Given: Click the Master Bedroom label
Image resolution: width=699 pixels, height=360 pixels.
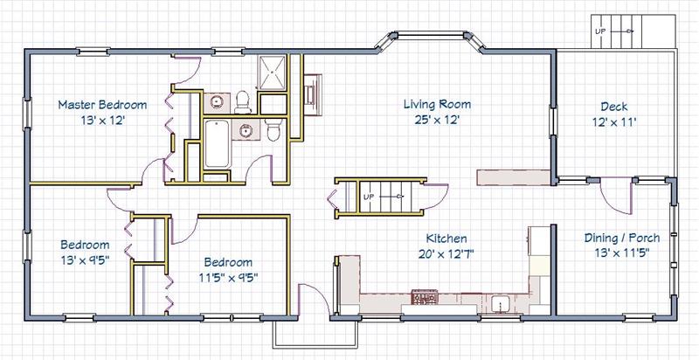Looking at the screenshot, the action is tap(102, 105).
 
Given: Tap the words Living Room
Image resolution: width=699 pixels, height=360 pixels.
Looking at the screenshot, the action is tap(437, 105).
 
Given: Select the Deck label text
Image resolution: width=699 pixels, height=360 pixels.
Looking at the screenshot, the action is tap(614, 107).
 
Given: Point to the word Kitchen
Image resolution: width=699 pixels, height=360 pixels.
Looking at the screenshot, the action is tap(446, 239).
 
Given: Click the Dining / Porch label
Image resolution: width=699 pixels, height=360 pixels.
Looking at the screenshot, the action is tap(622, 238).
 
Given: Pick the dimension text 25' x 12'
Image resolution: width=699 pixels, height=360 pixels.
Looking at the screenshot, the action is tap(437, 120).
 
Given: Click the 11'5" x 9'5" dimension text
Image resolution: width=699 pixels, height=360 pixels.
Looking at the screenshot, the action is tap(229, 277).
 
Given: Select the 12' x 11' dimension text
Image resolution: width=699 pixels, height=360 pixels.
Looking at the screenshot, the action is tap(614, 121).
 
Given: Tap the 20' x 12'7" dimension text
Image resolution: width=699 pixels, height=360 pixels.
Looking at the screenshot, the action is tap(446, 253).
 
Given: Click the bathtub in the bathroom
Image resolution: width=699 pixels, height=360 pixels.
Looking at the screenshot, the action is tap(217, 143).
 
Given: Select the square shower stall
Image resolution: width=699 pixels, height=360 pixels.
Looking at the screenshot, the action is tap(272, 73).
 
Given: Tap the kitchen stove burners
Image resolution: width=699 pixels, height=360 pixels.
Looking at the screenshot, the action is tap(425, 296).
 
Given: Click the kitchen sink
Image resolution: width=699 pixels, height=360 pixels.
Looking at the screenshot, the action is tap(501, 304).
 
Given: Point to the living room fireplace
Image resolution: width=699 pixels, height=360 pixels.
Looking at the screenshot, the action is tap(313, 94).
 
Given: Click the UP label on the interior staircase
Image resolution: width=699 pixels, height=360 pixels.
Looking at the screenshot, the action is tap(368, 197).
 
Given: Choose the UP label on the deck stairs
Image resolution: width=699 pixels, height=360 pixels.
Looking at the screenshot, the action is tap(600, 31).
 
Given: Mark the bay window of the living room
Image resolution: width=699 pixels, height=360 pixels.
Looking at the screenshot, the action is tap(430, 37).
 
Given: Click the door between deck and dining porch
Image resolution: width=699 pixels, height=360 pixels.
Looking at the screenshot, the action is tap(617, 196).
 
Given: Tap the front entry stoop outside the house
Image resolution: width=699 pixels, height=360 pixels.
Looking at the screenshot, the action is tap(315, 334).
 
